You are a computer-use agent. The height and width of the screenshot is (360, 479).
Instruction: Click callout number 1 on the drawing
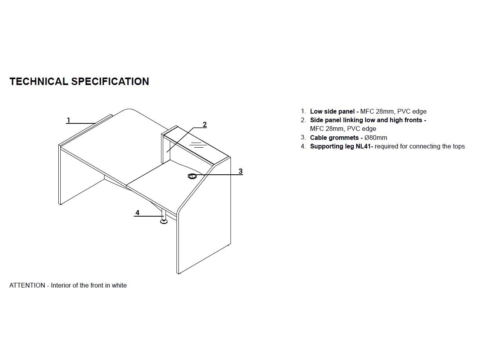tap(68, 120)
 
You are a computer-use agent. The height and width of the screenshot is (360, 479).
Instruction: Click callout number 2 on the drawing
tap(205, 125)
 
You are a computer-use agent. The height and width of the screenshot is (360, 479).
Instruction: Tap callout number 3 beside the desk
tap(241, 171)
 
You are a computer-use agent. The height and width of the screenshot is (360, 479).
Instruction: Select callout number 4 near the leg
tap(137, 213)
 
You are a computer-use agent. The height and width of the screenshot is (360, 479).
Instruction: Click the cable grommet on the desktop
tap(192, 176)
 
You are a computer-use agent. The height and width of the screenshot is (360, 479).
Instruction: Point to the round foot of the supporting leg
tap(164, 222)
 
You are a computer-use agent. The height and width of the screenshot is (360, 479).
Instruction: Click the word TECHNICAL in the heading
tap(39, 81)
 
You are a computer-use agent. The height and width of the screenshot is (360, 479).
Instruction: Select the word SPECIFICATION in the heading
tap(110, 81)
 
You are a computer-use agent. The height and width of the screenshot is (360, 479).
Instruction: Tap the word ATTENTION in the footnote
tap(27, 285)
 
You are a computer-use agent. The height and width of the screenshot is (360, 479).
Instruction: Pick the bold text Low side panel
tap(332, 111)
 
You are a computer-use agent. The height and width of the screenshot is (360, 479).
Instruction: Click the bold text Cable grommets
tap(334, 137)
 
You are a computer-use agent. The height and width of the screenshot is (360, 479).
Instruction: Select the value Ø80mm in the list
tap(376, 137)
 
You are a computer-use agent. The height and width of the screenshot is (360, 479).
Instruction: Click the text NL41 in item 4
tap(363, 146)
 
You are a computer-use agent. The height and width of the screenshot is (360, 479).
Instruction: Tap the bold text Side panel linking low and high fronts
tap(366, 120)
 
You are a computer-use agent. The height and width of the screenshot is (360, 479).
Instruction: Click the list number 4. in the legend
tap(303, 146)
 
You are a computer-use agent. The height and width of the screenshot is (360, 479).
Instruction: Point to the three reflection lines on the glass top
tap(198, 145)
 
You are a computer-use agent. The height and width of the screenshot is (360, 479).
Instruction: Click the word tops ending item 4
tap(458, 147)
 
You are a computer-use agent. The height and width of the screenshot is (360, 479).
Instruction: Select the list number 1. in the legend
tap(303, 111)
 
